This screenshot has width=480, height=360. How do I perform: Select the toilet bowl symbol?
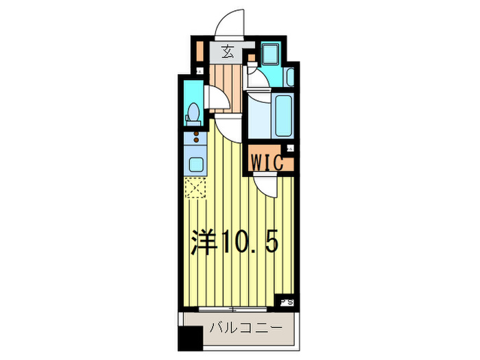193,112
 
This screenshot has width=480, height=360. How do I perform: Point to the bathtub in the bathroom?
283,115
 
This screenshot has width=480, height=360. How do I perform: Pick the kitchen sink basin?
195,165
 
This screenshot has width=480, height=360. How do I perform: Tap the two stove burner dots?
195,137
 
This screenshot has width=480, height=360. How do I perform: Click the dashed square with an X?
195,188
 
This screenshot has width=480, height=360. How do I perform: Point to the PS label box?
285,300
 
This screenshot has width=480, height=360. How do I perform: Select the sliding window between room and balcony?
233,309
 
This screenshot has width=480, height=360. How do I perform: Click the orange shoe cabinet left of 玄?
199,52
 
